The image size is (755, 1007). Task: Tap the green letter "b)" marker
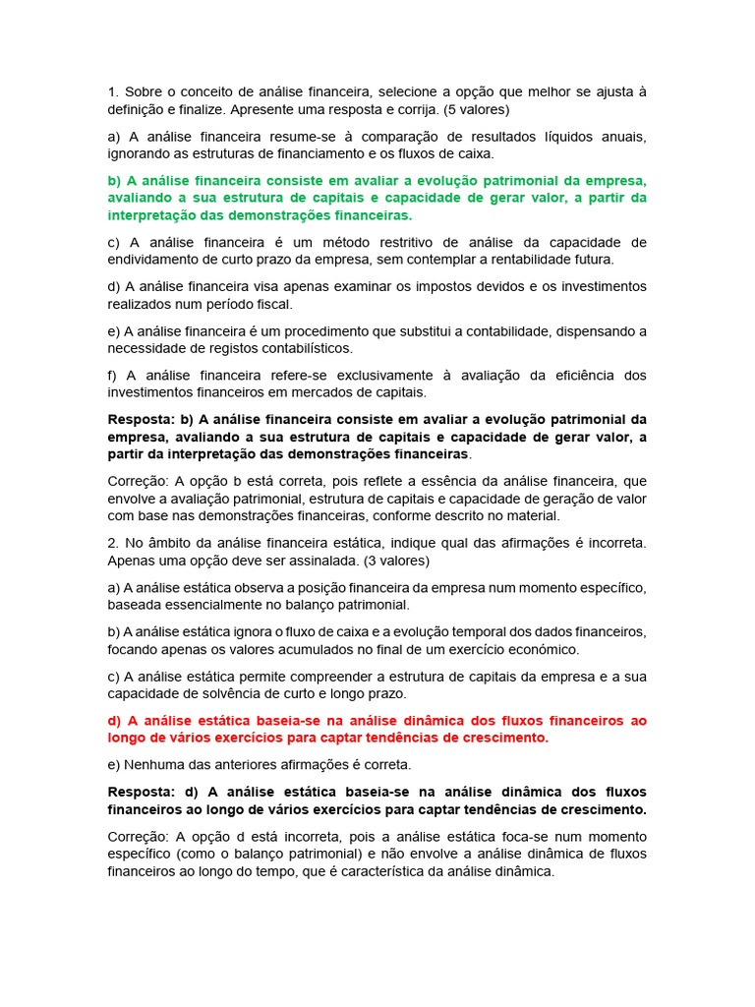114,181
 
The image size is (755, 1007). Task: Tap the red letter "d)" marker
115,720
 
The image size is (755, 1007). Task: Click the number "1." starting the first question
113,91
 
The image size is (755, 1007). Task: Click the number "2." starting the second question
113,543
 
